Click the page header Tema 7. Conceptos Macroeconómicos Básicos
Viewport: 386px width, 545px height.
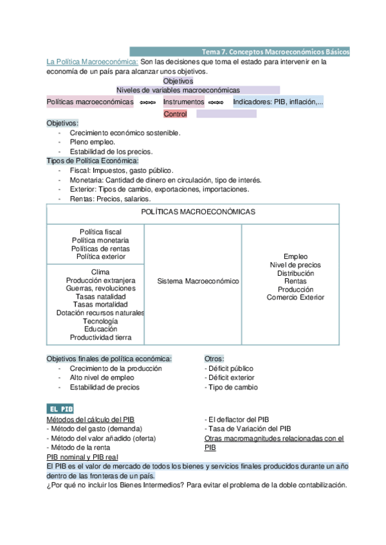pos(276,51)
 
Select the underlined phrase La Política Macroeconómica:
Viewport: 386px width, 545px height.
pos(92,62)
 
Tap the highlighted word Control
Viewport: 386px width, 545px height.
pos(175,114)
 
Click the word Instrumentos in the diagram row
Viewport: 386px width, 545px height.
pos(183,102)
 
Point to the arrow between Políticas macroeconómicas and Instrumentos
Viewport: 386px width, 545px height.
pos(148,103)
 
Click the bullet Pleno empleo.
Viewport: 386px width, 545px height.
pos(93,142)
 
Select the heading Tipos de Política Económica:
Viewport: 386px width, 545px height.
pos(92,161)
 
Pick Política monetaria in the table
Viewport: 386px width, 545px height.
pos(100,240)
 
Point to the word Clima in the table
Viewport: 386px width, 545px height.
pos(100,272)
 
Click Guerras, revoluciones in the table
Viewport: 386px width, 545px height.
pos(100,289)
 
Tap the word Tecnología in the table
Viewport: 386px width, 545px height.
pos(100,321)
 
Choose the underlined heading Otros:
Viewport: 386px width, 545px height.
pos(214,359)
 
